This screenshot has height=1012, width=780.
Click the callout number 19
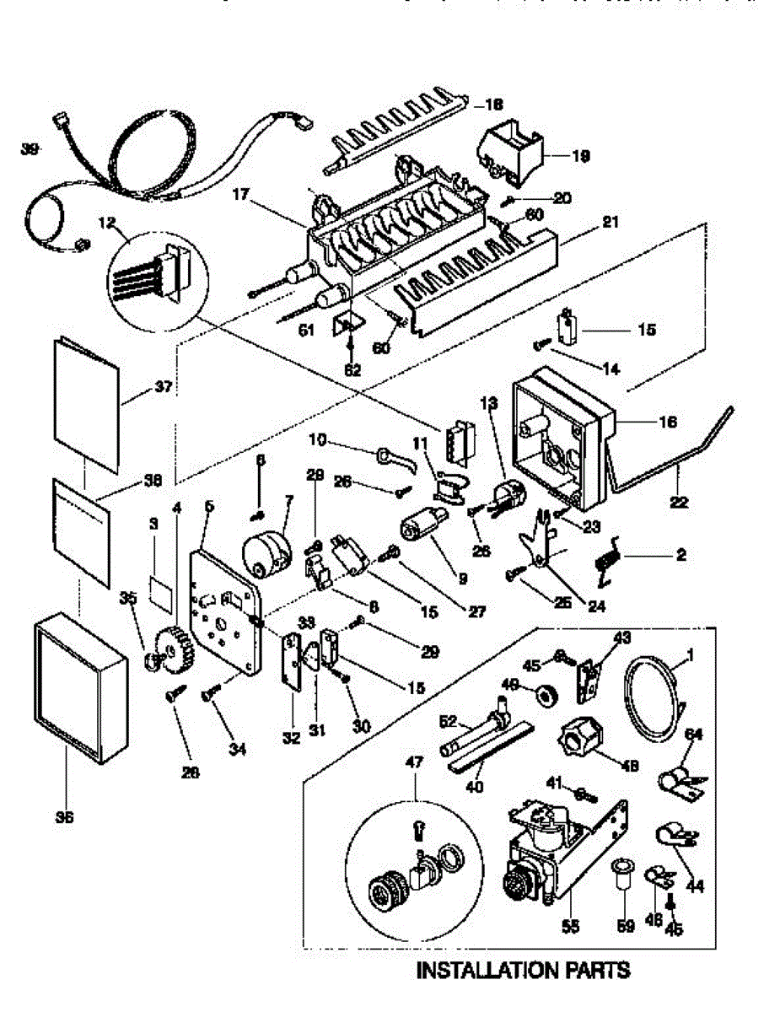click(581, 156)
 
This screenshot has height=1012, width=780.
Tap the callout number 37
click(164, 388)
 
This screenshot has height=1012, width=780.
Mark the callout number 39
click(31, 149)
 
